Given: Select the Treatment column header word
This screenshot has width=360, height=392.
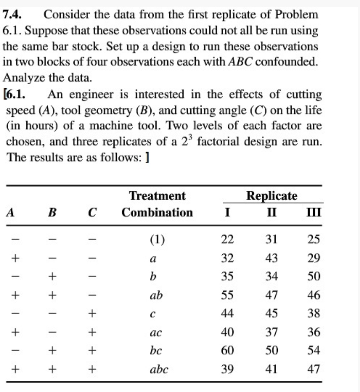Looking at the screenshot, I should click(x=157, y=196).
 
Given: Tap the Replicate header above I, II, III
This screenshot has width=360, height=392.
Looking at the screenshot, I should click(x=272, y=196).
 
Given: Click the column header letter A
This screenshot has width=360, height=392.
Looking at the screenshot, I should click(x=11, y=213).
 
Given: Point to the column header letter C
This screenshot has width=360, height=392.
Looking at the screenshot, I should click(x=92, y=213).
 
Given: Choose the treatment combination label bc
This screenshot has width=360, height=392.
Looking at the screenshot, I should click(x=157, y=351).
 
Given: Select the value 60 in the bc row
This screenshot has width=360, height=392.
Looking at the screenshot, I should click(x=228, y=351).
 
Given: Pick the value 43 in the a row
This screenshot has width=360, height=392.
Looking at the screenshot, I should click(x=271, y=259).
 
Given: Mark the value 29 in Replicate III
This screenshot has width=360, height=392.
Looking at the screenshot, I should click(x=314, y=259).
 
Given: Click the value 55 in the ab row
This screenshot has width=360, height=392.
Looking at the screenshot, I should click(x=228, y=295).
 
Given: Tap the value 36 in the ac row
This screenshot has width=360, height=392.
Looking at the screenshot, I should click(x=314, y=332).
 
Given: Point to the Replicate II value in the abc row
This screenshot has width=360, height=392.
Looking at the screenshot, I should click(x=271, y=369).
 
